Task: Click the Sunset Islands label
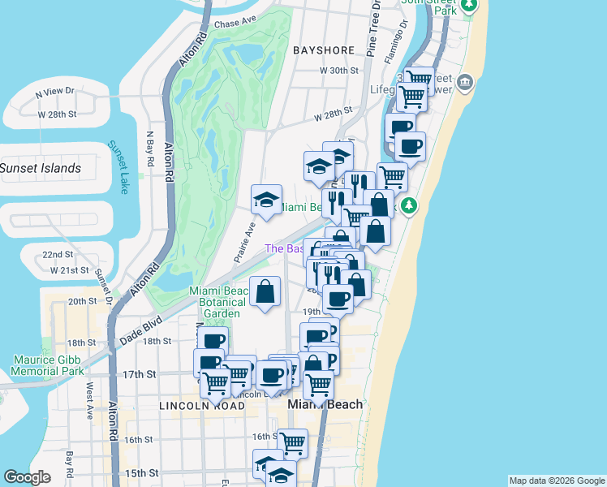41,168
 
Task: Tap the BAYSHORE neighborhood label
325,50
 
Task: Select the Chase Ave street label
235,24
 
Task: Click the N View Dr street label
54,93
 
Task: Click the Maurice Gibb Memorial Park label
48,365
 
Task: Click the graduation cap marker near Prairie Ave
266,198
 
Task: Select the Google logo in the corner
27,477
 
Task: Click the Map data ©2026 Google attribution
557,481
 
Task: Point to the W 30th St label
338,71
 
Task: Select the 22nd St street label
58,255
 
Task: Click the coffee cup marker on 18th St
213,341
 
